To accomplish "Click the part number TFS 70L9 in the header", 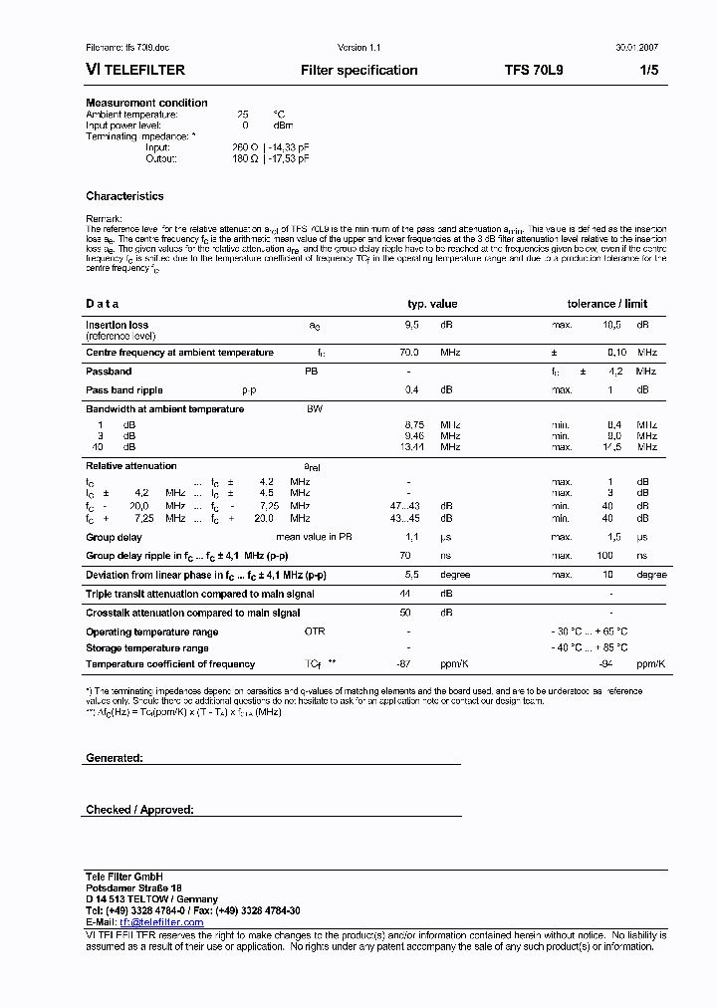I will point(534,71).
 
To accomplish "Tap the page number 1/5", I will point(647,71).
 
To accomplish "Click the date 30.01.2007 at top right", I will point(635,48).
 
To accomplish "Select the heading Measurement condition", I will point(146,103).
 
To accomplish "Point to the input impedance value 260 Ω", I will point(245,147).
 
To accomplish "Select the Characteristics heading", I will point(124,196).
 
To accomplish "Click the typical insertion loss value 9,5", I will point(412,325).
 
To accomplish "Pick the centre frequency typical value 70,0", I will point(409,353).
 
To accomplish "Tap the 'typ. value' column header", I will point(432,304).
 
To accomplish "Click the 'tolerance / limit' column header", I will point(606,304).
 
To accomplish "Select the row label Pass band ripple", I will point(124,390).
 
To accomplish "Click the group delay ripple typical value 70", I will point(405,556).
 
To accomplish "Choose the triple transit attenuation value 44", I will point(405,594).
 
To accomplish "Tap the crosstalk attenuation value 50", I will point(405,613).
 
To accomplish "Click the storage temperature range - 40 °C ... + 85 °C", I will point(590,648).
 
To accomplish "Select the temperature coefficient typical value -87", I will point(404,664).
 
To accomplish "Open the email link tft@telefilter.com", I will point(161,922).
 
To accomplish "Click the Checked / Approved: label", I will point(139,810).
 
